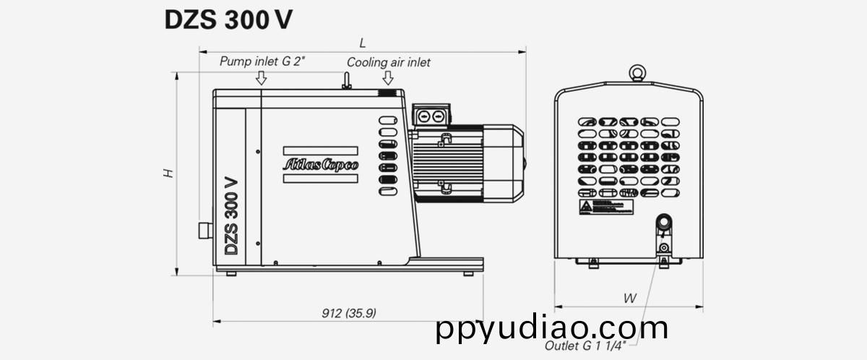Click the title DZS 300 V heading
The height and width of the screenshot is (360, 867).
point(228,20)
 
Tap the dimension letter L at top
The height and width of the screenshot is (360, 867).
point(363,43)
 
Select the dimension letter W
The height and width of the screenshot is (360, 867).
point(629,298)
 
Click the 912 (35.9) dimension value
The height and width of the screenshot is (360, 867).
point(349,313)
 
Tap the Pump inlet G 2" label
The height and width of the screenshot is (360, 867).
point(263,61)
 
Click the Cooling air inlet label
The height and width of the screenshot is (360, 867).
point(388,62)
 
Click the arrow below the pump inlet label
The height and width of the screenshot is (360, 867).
point(262,78)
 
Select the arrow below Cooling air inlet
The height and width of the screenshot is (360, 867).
point(388,78)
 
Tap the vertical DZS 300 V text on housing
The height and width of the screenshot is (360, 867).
point(231,215)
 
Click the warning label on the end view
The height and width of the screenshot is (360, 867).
point(603,207)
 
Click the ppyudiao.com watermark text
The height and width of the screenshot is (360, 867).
point(552,328)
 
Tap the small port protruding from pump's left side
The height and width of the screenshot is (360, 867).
point(204,230)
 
